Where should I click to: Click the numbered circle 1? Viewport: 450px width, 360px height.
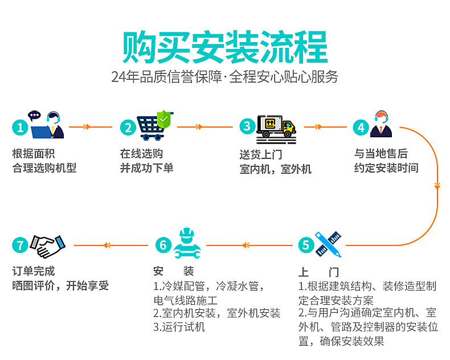tap(21, 127)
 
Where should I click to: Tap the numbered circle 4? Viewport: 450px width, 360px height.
tap(361, 127)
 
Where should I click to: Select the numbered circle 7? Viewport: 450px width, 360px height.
tap(21, 245)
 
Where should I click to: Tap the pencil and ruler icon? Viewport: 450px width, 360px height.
tap(328, 243)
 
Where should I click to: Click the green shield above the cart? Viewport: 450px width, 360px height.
tap(164, 118)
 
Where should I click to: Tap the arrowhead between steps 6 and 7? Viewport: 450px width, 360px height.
tap(107, 245)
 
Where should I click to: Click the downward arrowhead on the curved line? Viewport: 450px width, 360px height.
tap(437, 186)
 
